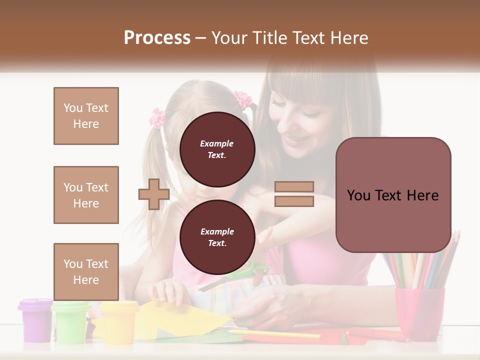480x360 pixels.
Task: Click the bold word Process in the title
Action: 157,38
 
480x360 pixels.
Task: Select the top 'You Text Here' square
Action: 86,116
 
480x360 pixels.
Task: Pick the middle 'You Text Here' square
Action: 86,195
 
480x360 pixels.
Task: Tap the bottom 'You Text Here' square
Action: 86,272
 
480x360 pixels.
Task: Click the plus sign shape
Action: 154,194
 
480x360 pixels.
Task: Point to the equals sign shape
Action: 294,194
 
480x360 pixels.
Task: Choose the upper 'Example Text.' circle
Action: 217,149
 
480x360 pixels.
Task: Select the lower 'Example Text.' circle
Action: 217,237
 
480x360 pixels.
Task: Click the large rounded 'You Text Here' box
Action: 393,195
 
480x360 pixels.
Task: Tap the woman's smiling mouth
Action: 294,138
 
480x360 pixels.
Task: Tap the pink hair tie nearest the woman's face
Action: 243,99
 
